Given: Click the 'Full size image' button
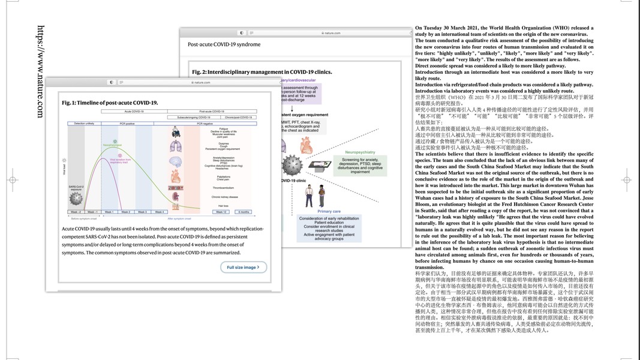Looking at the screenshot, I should point(244,267).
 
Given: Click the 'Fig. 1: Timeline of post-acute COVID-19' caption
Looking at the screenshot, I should point(110,103).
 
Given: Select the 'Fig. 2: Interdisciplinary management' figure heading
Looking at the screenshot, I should point(262,72).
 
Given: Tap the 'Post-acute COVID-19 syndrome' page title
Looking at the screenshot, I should point(224,44).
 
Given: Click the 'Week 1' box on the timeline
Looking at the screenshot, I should point(109,212).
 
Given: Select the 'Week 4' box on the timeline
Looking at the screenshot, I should point(159,212).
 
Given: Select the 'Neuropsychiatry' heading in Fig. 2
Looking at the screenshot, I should point(360,152).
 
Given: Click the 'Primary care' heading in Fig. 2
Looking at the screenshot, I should point(329,211).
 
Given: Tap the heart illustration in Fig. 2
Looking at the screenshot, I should point(306,145).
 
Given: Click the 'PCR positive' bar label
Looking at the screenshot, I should point(127,122).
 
